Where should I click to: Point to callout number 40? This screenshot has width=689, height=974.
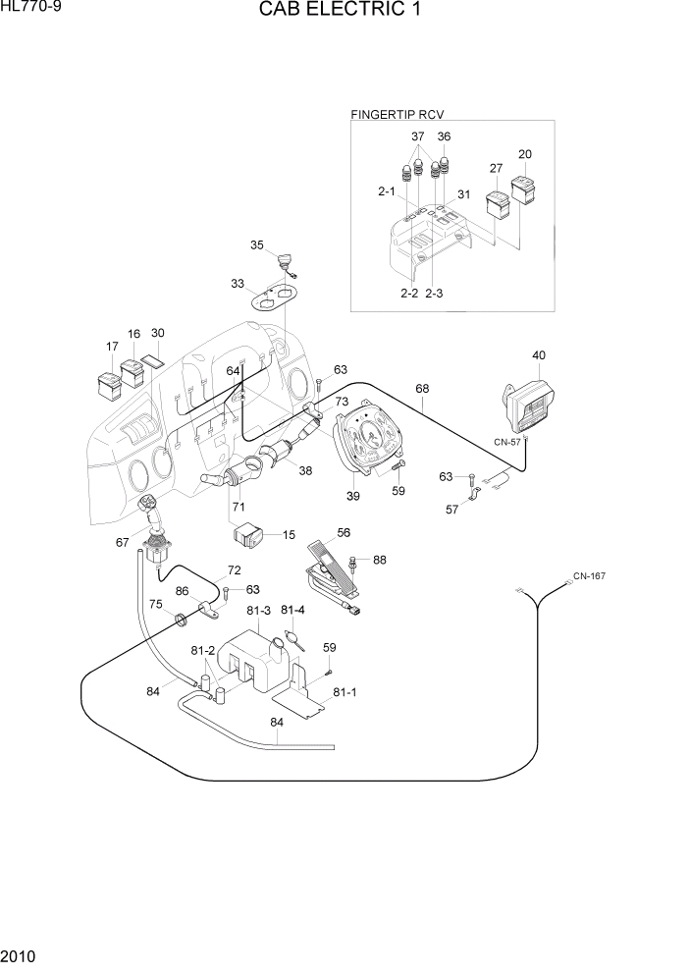point(539,355)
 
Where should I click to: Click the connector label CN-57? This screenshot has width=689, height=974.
point(508,442)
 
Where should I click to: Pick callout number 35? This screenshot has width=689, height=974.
point(257,245)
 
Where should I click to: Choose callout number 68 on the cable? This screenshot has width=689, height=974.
point(422,389)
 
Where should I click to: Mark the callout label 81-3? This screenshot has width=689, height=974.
point(259,611)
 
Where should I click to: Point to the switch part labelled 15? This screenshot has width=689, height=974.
point(250,535)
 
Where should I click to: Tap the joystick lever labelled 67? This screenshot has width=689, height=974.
point(154,530)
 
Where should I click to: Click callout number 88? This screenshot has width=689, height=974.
point(379,561)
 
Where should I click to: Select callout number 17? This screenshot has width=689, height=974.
point(112,347)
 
